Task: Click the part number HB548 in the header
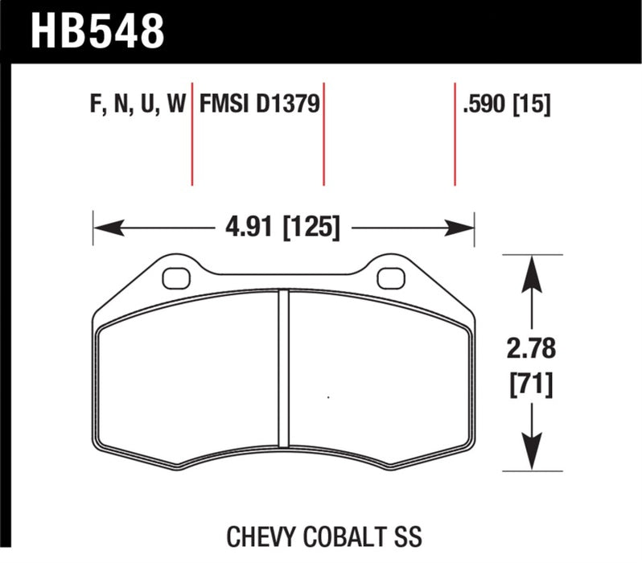tap(97, 33)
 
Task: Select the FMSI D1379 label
tap(260, 105)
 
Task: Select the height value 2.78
tap(530, 350)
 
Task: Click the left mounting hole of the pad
tap(173, 277)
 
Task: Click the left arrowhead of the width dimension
tap(103, 228)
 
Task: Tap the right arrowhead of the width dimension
tap(465, 228)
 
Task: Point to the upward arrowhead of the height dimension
tap(530, 269)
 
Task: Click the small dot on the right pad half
tap(328, 397)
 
